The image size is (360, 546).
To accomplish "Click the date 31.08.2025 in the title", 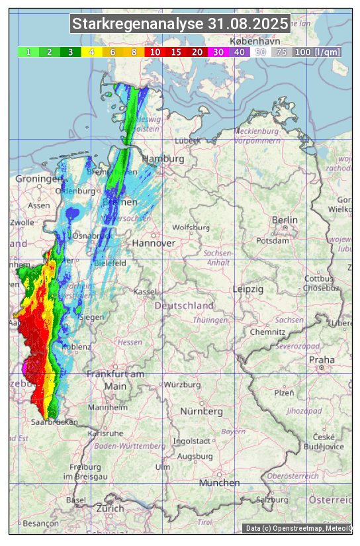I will (247, 24).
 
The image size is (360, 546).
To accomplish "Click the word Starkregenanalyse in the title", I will (138, 24).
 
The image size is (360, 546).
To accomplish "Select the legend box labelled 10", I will (155, 52).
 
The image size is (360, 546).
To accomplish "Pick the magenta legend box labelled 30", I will (218, 52).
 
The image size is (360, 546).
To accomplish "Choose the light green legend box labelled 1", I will (28, 52).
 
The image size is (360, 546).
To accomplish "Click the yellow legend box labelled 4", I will (91, 52).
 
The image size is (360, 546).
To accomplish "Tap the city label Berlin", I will (285, 220).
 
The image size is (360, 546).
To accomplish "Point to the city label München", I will (219, 482).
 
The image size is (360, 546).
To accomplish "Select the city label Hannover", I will (154, 243).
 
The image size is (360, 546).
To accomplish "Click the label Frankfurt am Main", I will (115, 380).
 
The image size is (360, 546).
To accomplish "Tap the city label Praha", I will (322, 359).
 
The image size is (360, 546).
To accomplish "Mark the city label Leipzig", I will (248, 289).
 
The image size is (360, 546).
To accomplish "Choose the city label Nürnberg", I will (202, 411).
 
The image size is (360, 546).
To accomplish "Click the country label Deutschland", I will (184, 305).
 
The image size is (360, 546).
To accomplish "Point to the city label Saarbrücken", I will (54, 422).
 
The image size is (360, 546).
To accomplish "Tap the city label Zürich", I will (110, 508).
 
